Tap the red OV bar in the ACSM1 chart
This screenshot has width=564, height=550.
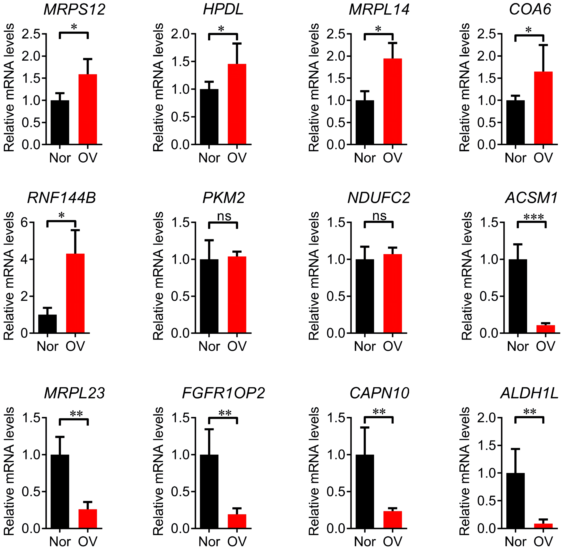coord(546,329)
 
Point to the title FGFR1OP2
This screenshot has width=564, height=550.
coord(223,393)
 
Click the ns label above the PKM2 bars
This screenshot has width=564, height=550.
coord(224,216)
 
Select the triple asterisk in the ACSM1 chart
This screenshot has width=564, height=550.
coord(534,217)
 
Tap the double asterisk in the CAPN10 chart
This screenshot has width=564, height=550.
coord(379,412)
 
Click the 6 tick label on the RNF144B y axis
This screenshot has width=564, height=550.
coord(24,223)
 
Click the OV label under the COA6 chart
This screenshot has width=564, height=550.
coord(543,158)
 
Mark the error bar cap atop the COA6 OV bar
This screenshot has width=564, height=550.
coord(543,45)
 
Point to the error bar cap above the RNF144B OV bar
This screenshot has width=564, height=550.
coord(75,230)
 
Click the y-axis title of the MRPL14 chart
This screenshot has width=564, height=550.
coord(314,88)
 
